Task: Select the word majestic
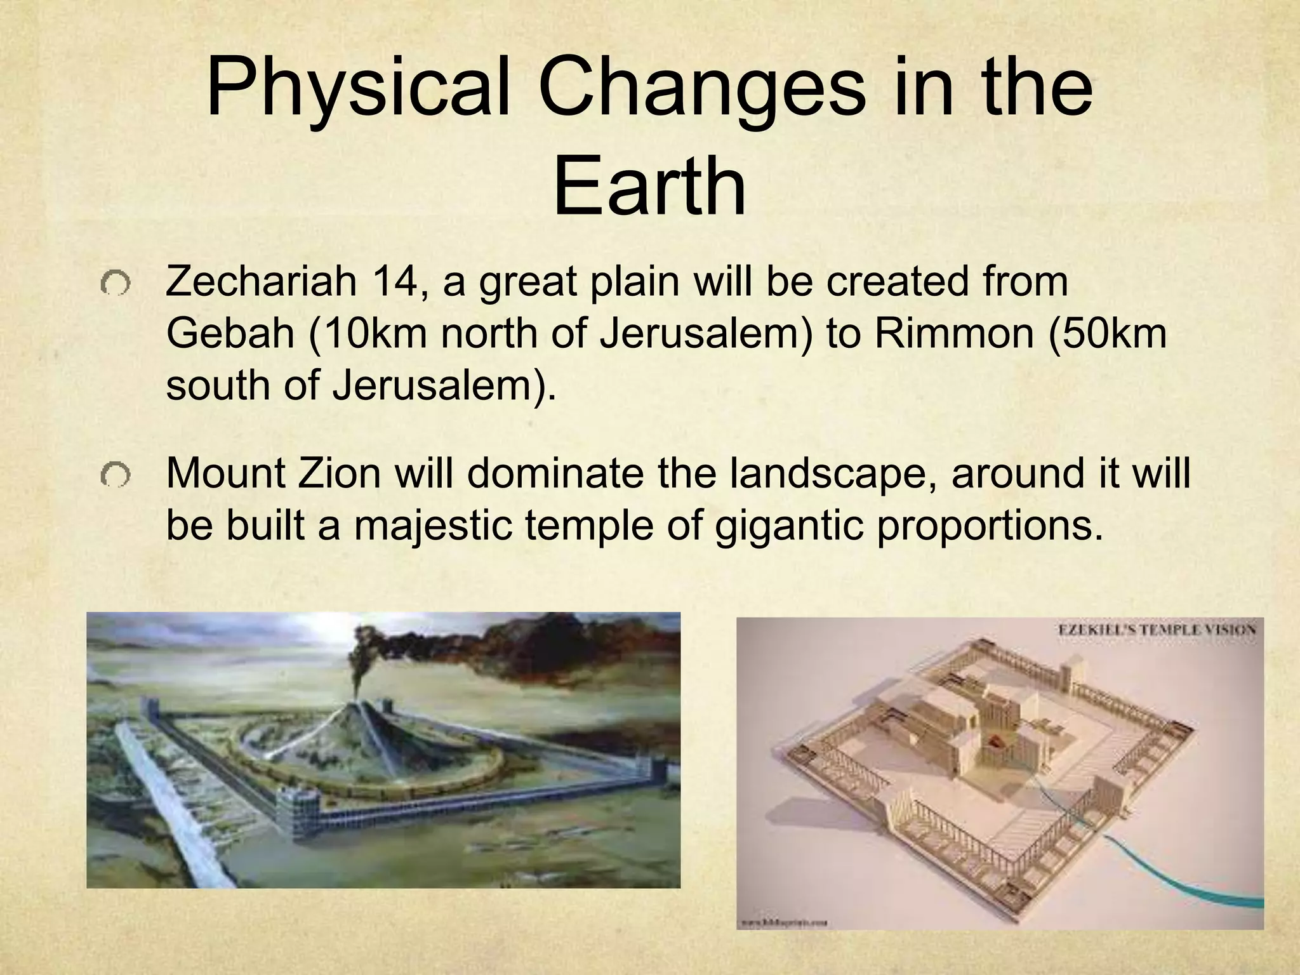(432, 526)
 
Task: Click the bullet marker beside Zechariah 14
(115, 283)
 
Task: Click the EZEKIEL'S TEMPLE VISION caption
(1156, 630)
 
